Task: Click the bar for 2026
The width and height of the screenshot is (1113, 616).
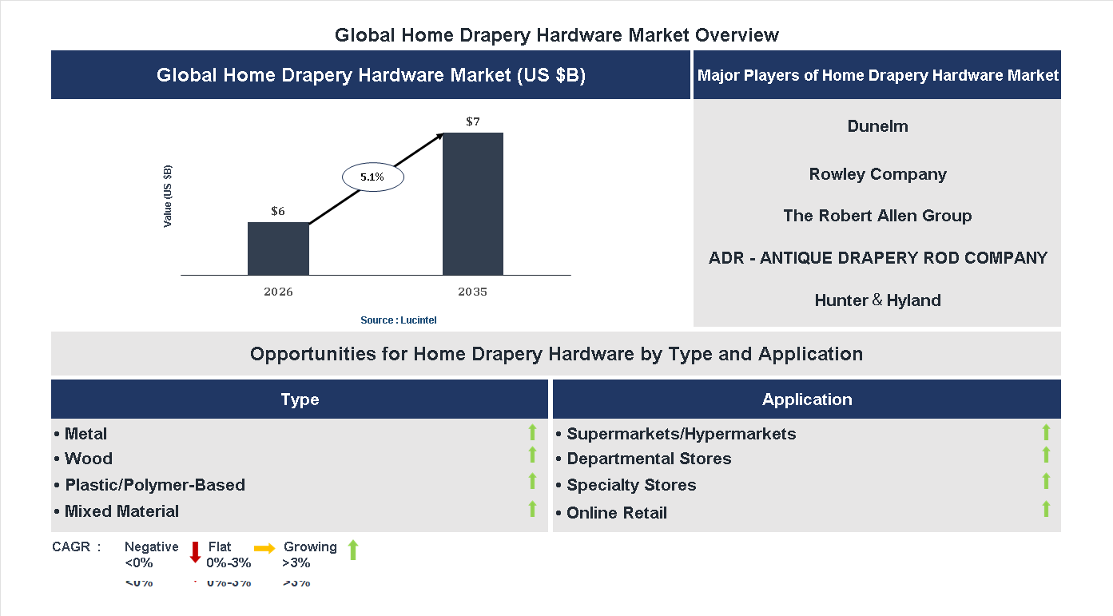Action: point(278,248)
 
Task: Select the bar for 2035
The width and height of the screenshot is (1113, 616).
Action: point(473,204)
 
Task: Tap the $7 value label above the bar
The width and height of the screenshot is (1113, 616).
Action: point(473,121)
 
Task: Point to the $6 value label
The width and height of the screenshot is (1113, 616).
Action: point(278,212)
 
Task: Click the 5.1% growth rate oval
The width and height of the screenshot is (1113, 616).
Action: point(372,177)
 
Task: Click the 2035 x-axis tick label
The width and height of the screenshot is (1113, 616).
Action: point(473,292)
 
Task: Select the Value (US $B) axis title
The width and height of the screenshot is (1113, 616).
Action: point(168,196)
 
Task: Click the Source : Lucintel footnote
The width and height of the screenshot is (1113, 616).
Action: point(398,320)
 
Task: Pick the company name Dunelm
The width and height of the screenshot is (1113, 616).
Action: point(877,126)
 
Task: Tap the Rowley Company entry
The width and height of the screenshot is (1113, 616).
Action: point(877,174)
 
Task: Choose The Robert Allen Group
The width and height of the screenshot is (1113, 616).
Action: point(877,216)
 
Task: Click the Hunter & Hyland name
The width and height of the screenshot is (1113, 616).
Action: point(877,300)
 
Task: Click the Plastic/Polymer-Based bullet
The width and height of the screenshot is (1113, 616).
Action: point(149,485)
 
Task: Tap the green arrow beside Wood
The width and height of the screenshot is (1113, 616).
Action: point(532,455)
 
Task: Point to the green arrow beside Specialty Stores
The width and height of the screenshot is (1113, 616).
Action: point(1046,481)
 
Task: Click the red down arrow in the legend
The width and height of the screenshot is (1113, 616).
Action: point(195,551)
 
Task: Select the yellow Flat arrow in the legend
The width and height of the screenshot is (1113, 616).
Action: point(264,548)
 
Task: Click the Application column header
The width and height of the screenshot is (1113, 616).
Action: point(807,399)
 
